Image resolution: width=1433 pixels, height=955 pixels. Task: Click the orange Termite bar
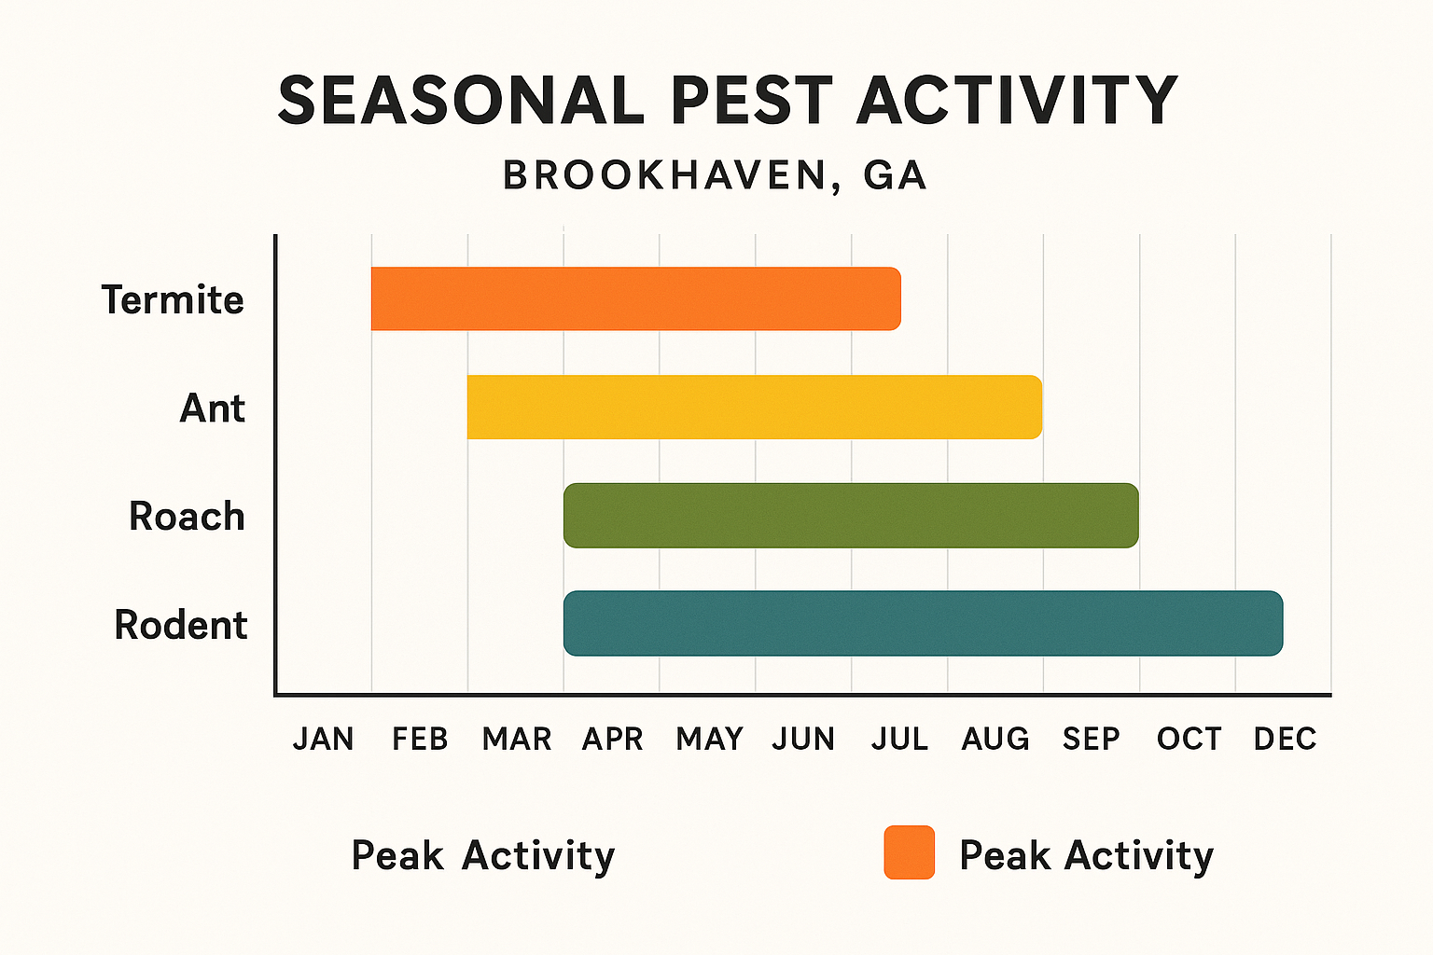635,298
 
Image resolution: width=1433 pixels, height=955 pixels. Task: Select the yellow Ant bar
754,407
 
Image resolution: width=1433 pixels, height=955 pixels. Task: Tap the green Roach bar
850,515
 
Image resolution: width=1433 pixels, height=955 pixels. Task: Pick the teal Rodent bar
923,623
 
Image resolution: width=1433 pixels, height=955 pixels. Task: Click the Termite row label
173,300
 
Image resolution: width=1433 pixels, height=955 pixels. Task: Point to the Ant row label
212,408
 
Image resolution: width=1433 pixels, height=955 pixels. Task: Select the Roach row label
187,517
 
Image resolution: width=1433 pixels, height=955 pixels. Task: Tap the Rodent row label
181,625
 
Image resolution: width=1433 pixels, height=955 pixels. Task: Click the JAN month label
323,739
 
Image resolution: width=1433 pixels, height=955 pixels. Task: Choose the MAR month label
517,739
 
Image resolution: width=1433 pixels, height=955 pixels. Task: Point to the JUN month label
803,739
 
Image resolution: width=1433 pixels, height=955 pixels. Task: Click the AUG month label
995,739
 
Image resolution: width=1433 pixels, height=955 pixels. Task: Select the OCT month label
1189,739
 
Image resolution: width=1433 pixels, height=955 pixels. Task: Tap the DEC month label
1285,739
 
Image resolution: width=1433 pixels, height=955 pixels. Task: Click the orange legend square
909,852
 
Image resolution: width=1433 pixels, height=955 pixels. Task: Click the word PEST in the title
751,101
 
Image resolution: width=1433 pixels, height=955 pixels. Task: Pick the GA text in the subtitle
895,175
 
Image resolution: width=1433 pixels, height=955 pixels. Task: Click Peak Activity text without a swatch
482,855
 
